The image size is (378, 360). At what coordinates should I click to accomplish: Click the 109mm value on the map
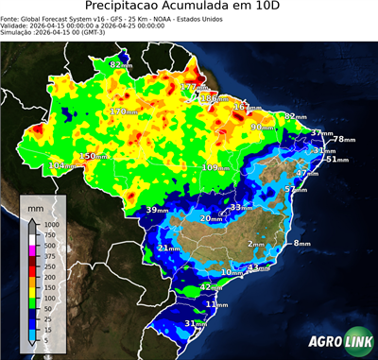[216, 167]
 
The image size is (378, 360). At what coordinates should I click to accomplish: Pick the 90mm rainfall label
[260, 127]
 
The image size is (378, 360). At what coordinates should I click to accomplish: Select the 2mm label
[255, 244]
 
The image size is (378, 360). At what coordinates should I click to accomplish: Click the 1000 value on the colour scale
[51, 225]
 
